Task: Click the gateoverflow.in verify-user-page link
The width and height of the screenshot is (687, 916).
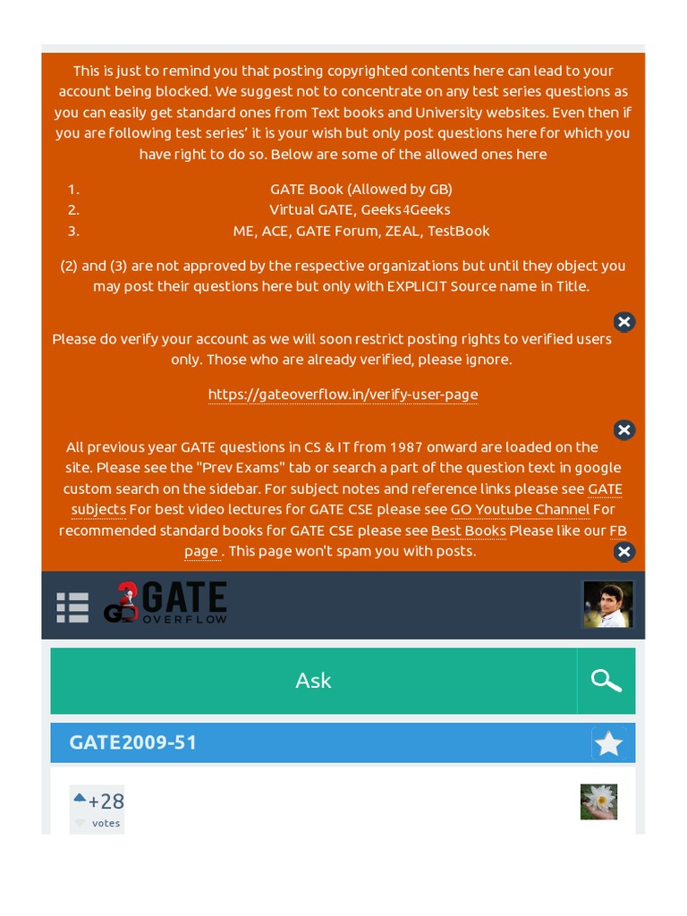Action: point(343,394)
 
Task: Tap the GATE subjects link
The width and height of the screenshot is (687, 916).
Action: point(98,510)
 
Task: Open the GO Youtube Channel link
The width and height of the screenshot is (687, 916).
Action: point(520,510)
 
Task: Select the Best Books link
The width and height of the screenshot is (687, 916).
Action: point(468,530)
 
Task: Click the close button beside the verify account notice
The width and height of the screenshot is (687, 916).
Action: point(624,322)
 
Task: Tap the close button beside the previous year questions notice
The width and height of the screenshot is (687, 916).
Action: point(624,430)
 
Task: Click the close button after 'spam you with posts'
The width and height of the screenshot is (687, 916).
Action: point(624,552)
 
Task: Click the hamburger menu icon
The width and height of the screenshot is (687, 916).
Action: point(72,606)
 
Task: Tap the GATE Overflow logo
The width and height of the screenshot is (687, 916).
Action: point(165,603)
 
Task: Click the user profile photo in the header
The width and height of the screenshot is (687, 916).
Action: point(608,604)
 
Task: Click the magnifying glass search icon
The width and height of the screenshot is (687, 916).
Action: point(606,681)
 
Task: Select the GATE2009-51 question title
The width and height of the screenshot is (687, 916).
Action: point(133,742)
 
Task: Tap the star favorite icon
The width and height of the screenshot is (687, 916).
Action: point(608,743)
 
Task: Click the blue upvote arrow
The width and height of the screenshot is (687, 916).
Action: point(80,798)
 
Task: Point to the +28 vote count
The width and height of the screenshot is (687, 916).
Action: point(106,801)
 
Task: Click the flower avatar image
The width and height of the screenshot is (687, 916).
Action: point(598,801)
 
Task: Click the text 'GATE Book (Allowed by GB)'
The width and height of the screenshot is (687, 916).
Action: point(361,190)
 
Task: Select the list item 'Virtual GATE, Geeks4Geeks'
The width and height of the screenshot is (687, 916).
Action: point(360,210)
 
